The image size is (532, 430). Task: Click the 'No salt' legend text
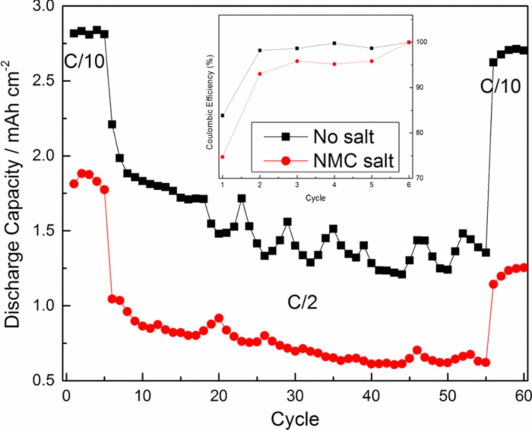(343, 137)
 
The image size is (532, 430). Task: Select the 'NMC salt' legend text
(353, 160)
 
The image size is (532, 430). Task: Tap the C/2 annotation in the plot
(302, 302)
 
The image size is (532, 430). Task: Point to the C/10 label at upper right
(500, 86)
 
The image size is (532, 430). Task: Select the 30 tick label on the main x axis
(295, 396)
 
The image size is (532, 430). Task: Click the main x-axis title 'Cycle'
(295, 419)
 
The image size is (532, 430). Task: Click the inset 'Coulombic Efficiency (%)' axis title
(210, 102)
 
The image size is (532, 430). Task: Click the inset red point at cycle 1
(222, 157)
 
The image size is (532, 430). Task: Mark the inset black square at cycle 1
(222, 115)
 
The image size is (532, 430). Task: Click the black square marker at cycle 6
(112, 124)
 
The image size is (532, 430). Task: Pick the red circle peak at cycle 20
(219, 318)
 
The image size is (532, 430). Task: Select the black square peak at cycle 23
(241, 199)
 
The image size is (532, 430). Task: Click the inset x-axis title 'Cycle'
(315, 198)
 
